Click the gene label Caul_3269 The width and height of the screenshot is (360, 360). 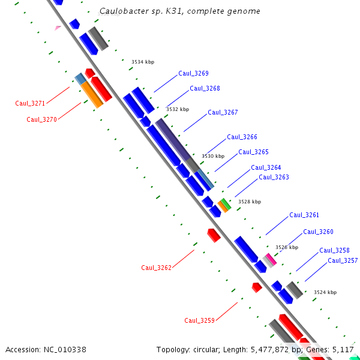click(x=193, y=74)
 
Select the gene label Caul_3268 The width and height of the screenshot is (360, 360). click(x=205, y=89)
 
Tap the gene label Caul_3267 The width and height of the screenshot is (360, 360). click(x=223, y=113)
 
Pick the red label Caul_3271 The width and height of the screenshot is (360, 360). click(x=30, y=104)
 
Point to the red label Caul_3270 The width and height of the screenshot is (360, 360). click(x=41, y=120)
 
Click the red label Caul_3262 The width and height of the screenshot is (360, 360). click(x=156, y=268)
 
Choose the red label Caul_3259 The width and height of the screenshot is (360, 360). click(x=199, y=320)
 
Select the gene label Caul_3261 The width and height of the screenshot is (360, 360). click(x=304, y=215)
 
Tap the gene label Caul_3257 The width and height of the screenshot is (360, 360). click(x=343, y=261)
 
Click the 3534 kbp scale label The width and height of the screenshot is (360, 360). click(x=143, y=62)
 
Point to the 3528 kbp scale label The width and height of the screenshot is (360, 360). click(x=250, y=202)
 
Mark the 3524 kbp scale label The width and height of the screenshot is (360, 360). click(x=325, y=293)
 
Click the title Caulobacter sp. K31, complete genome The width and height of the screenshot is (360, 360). click(x=180, y=11)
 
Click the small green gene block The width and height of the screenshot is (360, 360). click(x=226, y=203)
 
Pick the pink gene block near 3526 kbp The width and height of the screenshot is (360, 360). click(x=271, y=259)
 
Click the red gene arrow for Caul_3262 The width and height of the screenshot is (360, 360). click(x=214, y=235)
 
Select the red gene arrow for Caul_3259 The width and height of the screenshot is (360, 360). click(x=257, y=287)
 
